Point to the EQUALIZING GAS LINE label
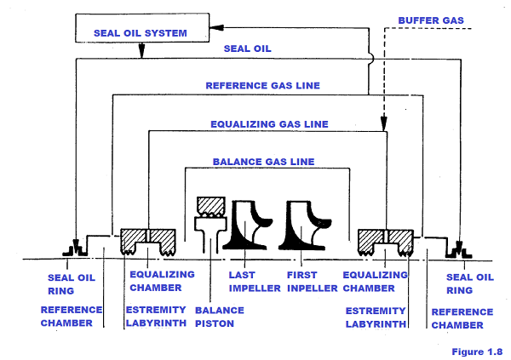269,123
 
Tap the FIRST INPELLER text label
307,281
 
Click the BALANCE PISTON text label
219,317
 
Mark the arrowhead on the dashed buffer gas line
385,119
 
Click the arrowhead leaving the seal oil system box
141,54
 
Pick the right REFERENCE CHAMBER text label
461,318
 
